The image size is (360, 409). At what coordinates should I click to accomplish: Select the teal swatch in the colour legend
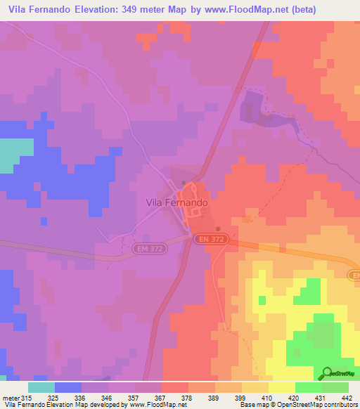tap(41, 387)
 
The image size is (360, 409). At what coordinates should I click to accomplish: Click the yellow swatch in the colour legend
tap(282, 387)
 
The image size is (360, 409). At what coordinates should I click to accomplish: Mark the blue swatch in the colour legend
tap(68, 387)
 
